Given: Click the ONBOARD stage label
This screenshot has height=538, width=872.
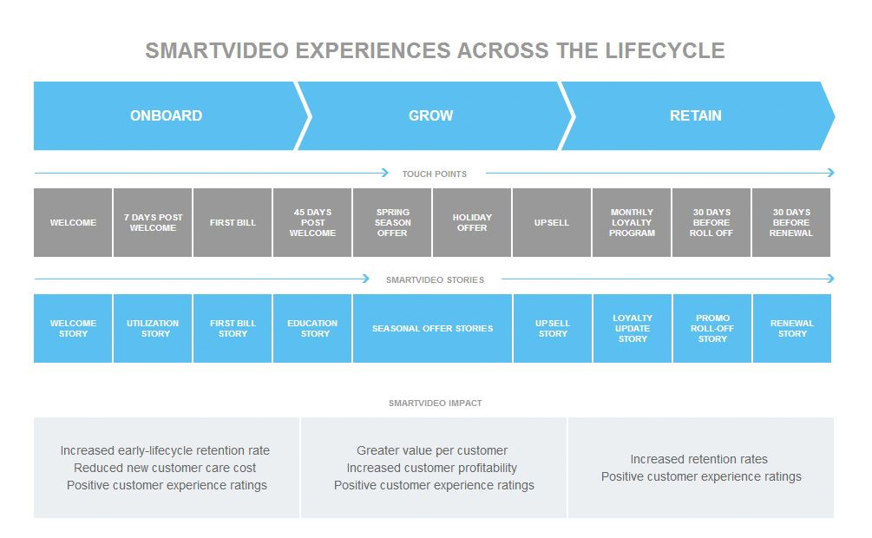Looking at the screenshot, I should (166, 115).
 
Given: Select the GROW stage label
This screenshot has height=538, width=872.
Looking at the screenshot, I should (431, 115).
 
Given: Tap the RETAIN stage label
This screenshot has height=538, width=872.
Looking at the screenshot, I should (695, 115).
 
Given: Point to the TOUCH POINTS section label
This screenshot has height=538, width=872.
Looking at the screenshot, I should (434, 174).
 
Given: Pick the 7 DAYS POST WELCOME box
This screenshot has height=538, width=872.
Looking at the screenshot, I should (153, 222).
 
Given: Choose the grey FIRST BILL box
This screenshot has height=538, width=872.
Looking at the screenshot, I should (233, 222).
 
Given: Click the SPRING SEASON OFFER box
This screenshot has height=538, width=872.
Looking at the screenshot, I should (392, 222).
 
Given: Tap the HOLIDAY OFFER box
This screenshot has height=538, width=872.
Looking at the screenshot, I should (472, 222).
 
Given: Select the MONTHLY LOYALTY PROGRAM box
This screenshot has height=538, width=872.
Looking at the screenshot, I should (632, 222).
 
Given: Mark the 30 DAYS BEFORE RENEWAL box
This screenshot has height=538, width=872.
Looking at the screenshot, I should (790, 222).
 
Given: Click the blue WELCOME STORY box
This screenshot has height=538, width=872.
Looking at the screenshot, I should (73, 328).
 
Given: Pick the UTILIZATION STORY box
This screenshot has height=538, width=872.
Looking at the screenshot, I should (153, 328).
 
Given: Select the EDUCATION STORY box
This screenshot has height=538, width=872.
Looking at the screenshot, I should (312, 328).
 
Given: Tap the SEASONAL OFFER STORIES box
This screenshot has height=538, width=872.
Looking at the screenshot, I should (432, 328).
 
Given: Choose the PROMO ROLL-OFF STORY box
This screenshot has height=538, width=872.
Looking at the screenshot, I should (711, 328).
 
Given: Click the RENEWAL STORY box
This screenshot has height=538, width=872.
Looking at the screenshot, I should (791, 328).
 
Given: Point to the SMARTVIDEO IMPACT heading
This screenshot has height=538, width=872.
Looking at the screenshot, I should (435, 403).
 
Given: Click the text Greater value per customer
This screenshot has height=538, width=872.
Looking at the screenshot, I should (432, 450).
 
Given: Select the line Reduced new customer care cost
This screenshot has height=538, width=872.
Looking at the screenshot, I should (165, 468).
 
